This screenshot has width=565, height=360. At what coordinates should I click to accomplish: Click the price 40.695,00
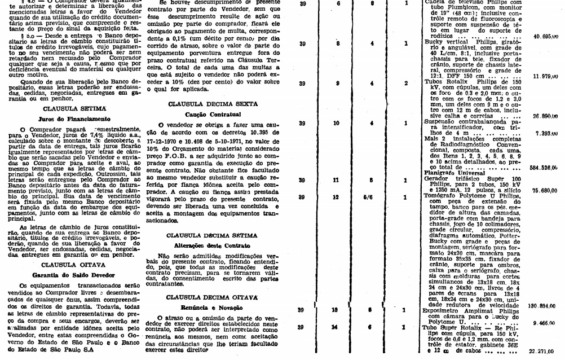click(x=545, y=36)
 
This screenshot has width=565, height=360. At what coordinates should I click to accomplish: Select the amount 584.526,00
click(x=544, y=166)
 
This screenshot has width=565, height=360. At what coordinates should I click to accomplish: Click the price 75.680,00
click(x=545, y=190)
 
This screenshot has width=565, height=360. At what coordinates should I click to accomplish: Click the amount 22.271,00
click(x=545, y=350)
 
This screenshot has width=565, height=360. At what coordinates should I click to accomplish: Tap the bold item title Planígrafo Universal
click(x=451, y=173)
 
